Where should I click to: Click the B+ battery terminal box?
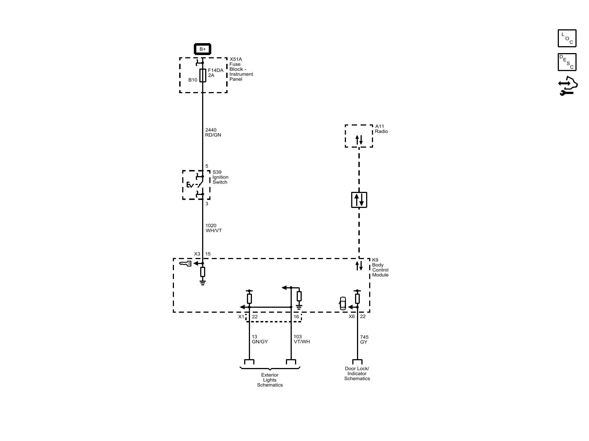203,49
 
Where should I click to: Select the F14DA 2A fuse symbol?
203,75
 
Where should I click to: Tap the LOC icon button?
567,38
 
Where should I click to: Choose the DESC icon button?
567,62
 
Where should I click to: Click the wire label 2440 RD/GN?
213,132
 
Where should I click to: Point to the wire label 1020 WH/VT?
213,228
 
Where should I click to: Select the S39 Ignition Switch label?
220,177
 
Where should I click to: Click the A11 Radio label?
381,129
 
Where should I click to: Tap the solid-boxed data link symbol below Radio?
359,200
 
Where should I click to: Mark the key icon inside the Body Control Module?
185,263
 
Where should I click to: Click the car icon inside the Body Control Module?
343,303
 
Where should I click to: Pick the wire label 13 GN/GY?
260,339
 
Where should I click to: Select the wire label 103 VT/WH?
302,339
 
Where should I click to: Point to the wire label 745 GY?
364,340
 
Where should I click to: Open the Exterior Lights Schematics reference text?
270,380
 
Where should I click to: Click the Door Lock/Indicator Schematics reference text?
357,374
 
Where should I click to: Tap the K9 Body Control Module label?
380,267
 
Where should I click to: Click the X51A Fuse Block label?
241,69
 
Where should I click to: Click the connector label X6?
351,317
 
